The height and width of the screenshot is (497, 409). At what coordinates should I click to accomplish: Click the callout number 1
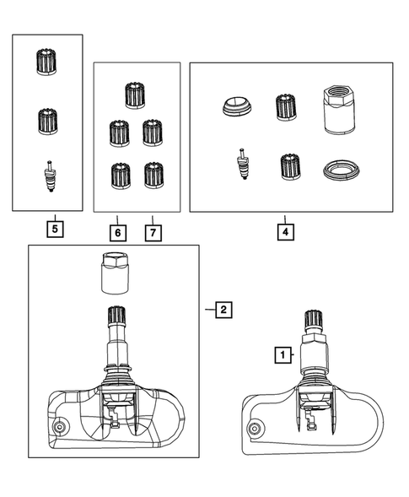coord(280,356)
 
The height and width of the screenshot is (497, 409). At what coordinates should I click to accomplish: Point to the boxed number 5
coord(54,228)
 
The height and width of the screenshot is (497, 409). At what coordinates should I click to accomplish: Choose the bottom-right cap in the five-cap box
coord(153,176)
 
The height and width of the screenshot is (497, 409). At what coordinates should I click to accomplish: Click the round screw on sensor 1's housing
coord(252,428)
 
